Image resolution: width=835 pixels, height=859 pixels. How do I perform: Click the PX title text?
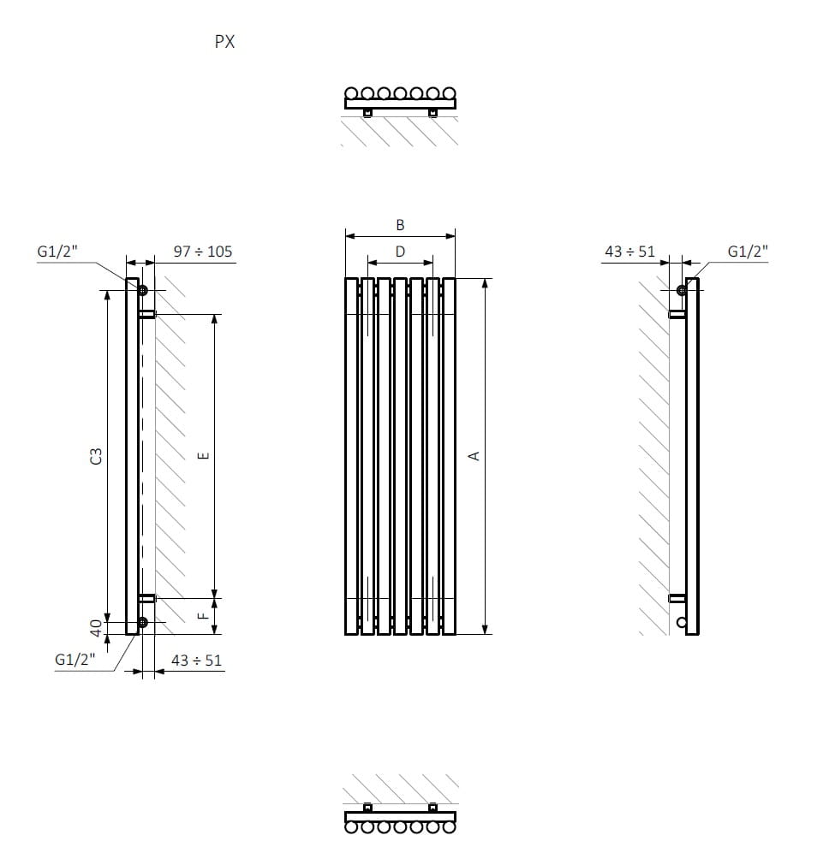tap(224, 42)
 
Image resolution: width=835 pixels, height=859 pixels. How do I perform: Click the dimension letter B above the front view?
tap(400, 225)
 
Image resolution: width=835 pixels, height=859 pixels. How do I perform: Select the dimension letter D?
tap(400, 252)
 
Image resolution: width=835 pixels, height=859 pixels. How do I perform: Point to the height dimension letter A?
tap(474, 456)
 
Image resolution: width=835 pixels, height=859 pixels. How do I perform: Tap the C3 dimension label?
tap(96, 456)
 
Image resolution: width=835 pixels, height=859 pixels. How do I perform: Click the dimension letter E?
tap(204, 456)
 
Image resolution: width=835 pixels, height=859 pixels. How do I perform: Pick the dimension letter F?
tap(204, 616)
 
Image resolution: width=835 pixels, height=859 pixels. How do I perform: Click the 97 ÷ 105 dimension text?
tap(203, 252)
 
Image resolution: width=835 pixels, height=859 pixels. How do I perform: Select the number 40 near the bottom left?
tap(96, 628)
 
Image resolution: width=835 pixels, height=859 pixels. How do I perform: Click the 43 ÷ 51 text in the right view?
tap(630, 252)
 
